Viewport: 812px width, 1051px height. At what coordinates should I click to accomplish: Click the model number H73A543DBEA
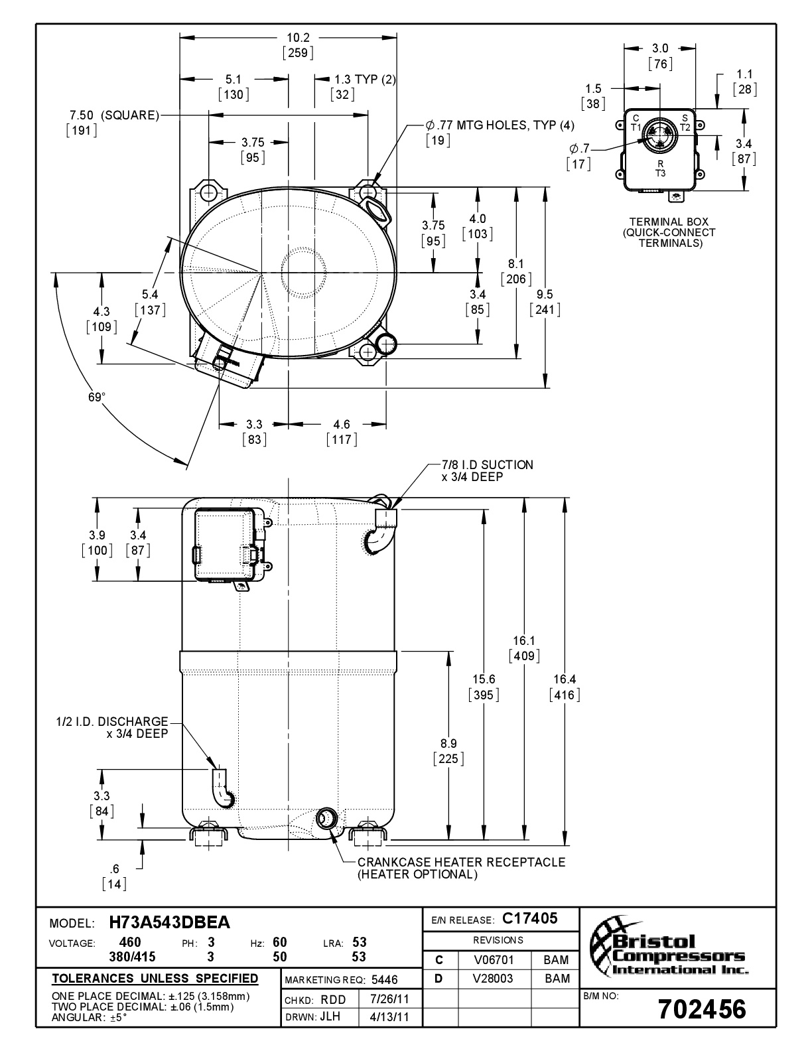pos(170,923)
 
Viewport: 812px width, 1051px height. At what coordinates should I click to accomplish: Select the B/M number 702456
pos(703,1009)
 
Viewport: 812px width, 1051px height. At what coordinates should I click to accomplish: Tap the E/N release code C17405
pos(530,918)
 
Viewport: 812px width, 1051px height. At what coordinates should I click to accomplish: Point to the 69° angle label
pos(97,397)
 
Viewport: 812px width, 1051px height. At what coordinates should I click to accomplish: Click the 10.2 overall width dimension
pos(298,38)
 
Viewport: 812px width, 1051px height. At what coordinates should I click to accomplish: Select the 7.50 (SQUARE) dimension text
pos(115,115)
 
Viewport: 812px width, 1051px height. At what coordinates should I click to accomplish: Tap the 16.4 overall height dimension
pos(565,679)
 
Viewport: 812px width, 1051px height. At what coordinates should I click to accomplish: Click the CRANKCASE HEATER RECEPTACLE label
pos(461,863)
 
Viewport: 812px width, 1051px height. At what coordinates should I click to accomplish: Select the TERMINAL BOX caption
pos(669,222)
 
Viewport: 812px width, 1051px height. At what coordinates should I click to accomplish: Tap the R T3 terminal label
pos(661,169)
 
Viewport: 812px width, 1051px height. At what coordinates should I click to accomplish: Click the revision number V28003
pos(494,979)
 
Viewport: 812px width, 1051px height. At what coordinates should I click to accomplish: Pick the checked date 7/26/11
pos(389,999)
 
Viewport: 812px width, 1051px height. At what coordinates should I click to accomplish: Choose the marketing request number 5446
pos(385,980)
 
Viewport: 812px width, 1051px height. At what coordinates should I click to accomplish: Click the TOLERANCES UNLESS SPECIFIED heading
pos(155,979)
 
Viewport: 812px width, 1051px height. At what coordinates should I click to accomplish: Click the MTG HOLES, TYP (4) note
pos(500,125)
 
